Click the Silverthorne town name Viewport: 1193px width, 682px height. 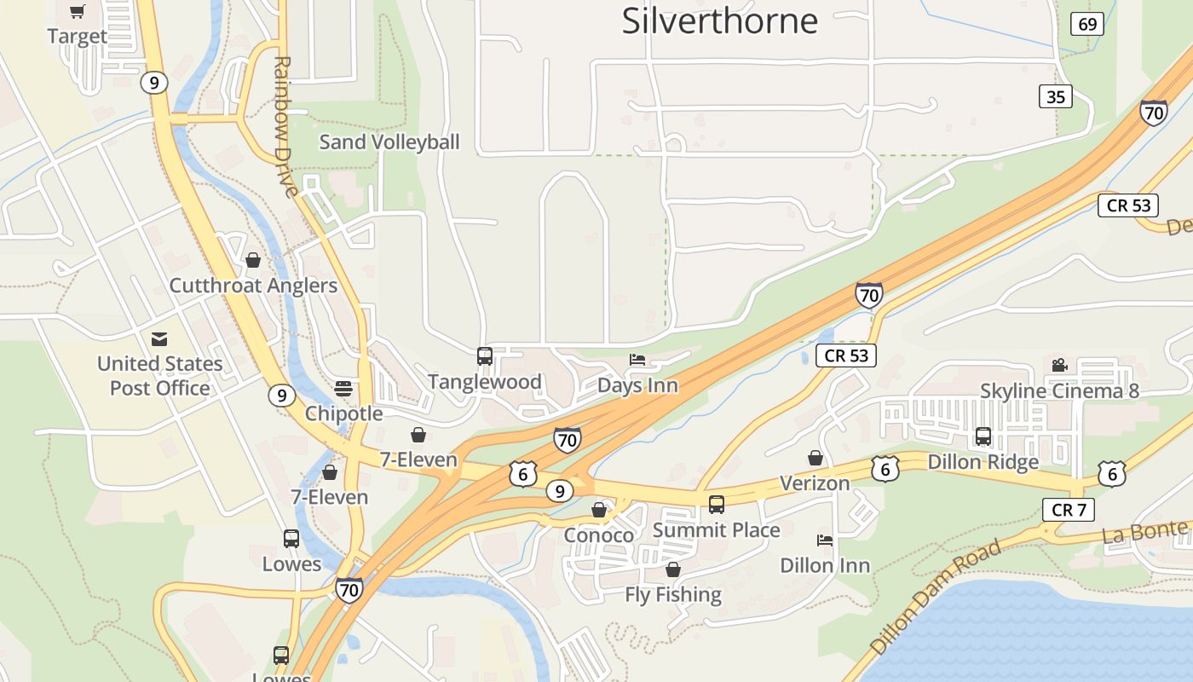tap(719, 20)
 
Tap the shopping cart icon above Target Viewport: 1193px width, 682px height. tap(78, 12)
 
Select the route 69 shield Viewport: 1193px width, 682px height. tap(1087, 24)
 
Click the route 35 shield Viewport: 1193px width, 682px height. tap(1055, 96)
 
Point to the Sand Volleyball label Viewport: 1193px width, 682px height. tap(389, 142)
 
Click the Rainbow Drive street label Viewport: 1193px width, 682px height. tap(285, 126)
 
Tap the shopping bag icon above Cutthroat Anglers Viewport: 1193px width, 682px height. tap(253, 260)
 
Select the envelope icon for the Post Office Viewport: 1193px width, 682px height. tap(159, 338)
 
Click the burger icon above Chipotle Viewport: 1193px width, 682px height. tap(343, 389)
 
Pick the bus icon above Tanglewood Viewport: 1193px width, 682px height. tap(485, 356)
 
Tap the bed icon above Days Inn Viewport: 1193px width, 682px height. tap(637, 360)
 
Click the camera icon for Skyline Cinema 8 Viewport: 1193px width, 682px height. tap(1059, 366)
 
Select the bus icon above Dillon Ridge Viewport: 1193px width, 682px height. tap(983, 436)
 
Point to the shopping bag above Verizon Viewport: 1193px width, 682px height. tap(816, 458)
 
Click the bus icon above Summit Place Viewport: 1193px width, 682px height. tap(717, 505)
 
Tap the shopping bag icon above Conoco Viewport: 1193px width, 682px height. tap(599, 510)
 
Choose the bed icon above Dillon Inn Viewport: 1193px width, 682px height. tap(825, 540)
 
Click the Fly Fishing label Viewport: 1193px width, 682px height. tap(673, 594)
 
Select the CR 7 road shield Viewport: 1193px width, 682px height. tap(1068, 510)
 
